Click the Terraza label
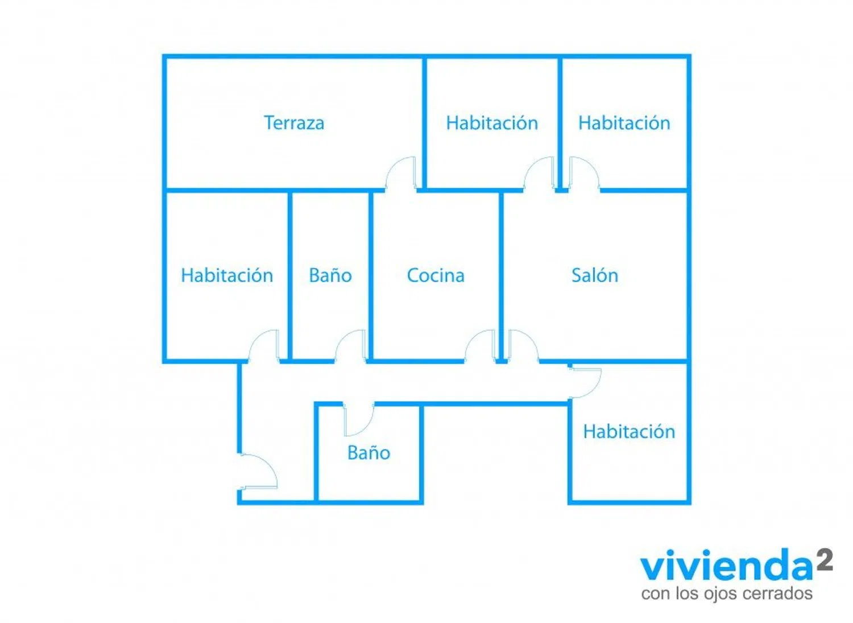point(294,123)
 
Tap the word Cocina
point(436,275)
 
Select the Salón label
point(594,275)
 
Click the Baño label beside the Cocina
point(330,275)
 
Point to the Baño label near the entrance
point(368,453)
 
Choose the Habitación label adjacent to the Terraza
point(491,123)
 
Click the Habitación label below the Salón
point(629,431)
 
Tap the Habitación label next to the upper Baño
point(227,275)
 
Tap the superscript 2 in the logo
point(824,560)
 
